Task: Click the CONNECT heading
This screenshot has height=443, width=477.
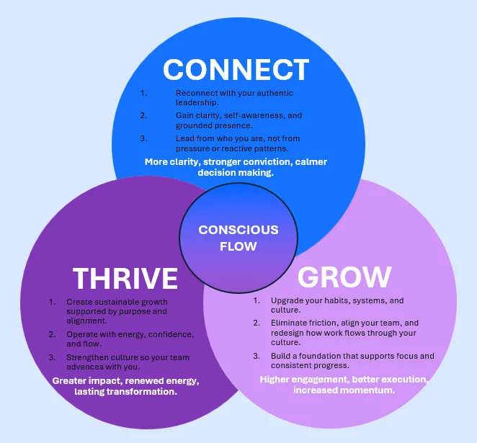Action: [x=236, y=70]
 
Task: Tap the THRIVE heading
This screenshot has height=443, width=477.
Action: [x=125, y=278]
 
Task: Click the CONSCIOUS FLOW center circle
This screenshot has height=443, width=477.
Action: [x=239, y=238]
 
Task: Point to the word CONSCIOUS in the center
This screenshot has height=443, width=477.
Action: [x=239, y=230]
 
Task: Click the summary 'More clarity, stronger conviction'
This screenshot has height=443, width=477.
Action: [x=236, y=167]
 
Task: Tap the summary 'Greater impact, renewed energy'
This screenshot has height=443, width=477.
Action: [x=125, y=385]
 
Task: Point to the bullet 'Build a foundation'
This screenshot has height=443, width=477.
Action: [x=352, y=360]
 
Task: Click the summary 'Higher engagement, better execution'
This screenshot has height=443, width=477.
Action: [x=344, y=384]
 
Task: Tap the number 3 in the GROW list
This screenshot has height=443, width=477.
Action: [x=257, y=356]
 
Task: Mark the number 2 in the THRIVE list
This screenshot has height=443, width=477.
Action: [x=52, y=334]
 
